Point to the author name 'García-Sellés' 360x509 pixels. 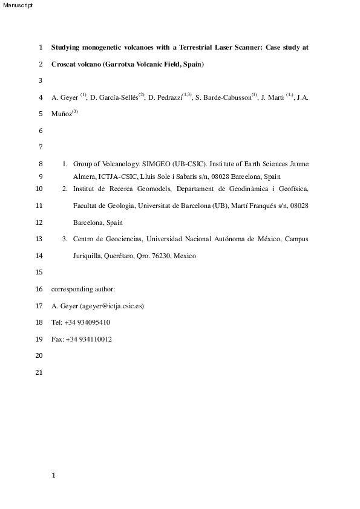click(117, 97)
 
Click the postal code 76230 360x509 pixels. click(162, 256)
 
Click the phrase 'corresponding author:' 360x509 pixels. click(79, 290)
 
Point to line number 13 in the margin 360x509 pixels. click(40, 239)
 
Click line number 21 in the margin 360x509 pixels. click(40, 373)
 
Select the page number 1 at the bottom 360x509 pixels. click(54, 475)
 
